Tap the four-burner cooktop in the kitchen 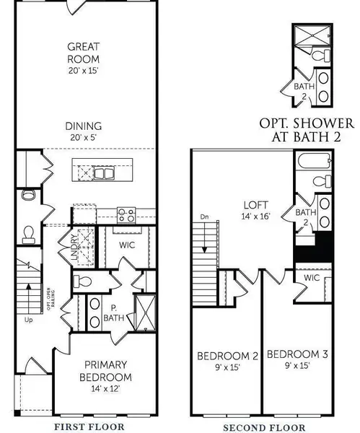pyautogui.click(x=126, y=214)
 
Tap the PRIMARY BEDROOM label pyautogui.click(x=105, y=370)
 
